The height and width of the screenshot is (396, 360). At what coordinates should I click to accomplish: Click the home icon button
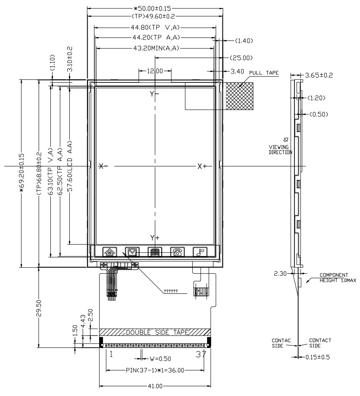pyautogui.click(x=110, y=252)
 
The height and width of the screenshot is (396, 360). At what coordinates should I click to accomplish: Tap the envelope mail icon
pyautogui.click(x=132, y=252)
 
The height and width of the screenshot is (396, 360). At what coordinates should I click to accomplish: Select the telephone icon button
pyautogui.click(x=177, y=252)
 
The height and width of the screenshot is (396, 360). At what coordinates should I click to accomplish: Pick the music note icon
pyautogui.click(x=200, y=252)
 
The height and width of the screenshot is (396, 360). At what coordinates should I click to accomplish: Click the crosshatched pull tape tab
pyautogui.click(x=239, y=96)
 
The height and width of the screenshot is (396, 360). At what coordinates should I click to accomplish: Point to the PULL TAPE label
pyautogui.click(x=264, y=73)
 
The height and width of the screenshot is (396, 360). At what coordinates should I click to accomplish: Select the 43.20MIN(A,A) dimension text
pyautogui.click(x=156, y=48)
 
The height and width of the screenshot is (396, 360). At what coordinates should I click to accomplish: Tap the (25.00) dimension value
pyautogui.click(x=241, y=58)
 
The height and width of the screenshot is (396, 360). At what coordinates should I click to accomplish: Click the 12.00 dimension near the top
pyautogui.click(x=155, y=71)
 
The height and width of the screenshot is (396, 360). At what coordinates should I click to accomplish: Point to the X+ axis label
pyautogui.click(x=202, y=166)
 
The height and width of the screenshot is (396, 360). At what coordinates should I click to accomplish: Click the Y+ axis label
pyautogui.click(x=155, y=238)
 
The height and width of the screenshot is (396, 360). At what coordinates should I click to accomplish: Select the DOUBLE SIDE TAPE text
pyautogui.click(x=157, y=333)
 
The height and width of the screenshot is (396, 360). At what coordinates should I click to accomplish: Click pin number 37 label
pyautogui.click(x=201, y=354)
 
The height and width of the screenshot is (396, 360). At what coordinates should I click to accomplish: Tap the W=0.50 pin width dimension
pyautogui.click(x=160, y=359)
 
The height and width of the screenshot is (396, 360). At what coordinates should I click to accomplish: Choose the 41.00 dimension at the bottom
pyautogui.click(x=155, y=386)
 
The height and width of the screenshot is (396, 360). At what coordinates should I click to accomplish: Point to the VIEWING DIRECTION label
pyautogui.click(x=280, y=150)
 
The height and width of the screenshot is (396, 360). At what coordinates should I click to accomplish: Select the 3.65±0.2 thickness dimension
pyautogui.click(x=319, y=75)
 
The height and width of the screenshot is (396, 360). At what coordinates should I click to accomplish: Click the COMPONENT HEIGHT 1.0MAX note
pyautogui.click(x=338, y=277)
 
